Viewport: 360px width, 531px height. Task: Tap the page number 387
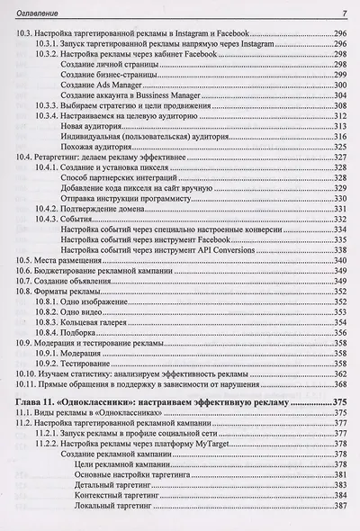338,508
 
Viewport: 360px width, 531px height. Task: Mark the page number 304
338,95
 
